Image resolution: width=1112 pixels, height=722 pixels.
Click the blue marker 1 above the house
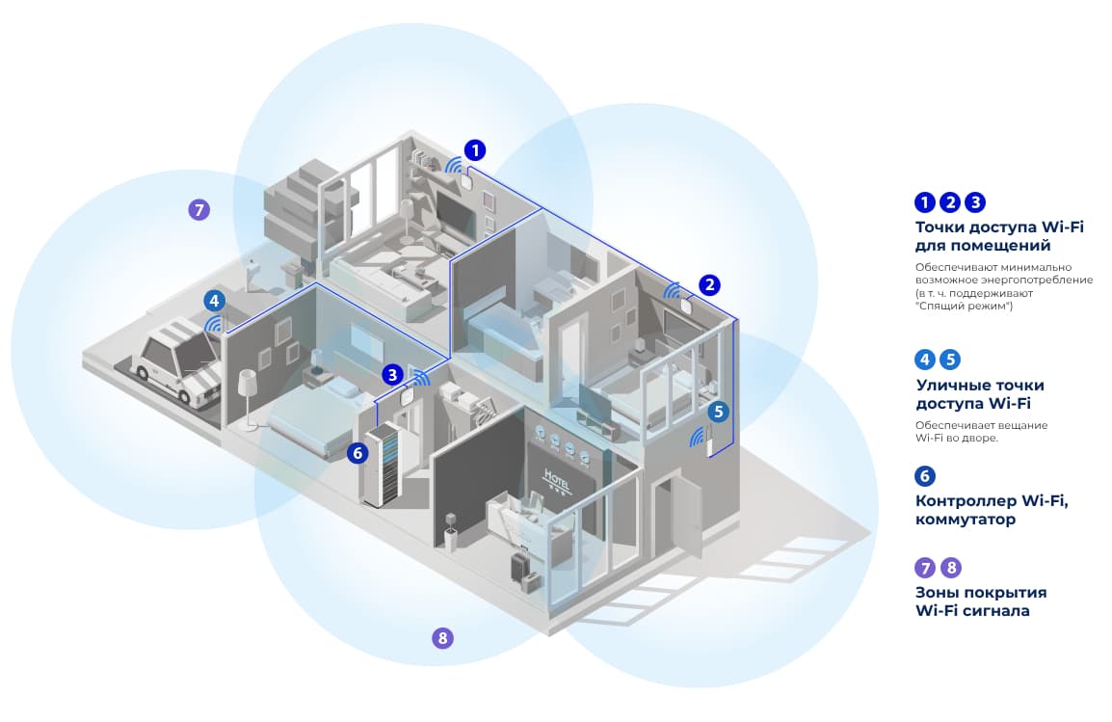(x=475, y=150)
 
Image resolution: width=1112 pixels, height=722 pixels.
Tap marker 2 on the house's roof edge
(x=709, y=284)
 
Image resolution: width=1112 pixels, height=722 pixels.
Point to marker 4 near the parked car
(x=214, y=301)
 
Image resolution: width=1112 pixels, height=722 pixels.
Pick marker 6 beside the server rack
(x=357, y=451)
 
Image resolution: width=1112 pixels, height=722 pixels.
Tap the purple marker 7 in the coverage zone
(x=199, y=209)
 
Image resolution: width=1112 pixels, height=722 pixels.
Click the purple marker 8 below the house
(x=442, y=637)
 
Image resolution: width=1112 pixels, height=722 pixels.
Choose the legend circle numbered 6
(x=925, y=476)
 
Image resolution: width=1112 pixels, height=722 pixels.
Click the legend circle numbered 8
(x=950, y=568)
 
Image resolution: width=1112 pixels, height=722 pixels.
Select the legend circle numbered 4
(x=925, y=360)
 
